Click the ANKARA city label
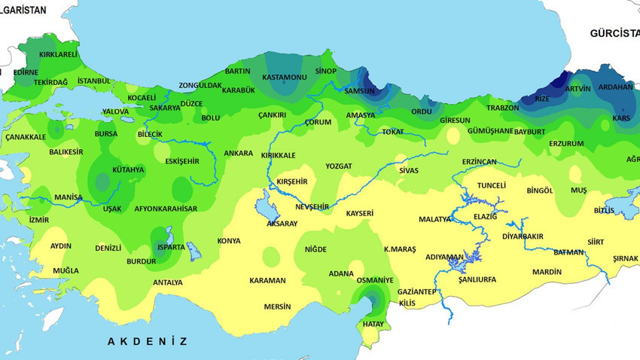pyautogui.click(x=238, y=154)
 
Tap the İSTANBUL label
pyautogui.click(x=94, y=81)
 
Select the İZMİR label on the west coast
pyautogui.click(x=38, y=220)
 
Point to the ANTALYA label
pyautogui.click(x=167, y=282)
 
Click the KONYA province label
pyautogui.click(x=229, y=241)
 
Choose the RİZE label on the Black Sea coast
pyautogui.click(x=541, y=99)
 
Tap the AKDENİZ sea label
pyautogui.click(x=147, y=341)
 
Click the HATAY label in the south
pyautogui.click(x=373, y=324)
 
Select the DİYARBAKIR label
pyautogui.click(x=523, y=236)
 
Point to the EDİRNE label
pyautogui.click(x=26, y=72)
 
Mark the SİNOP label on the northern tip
pyautogui.click(x=325, y=71)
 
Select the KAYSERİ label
pyautogui.click(x=359, y=214)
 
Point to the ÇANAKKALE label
pyautogui.click(x=26, y=137)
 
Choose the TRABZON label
pyautogui.click(x=502, y=108)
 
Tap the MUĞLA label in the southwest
pyautogui.click(x=66, y=270)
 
